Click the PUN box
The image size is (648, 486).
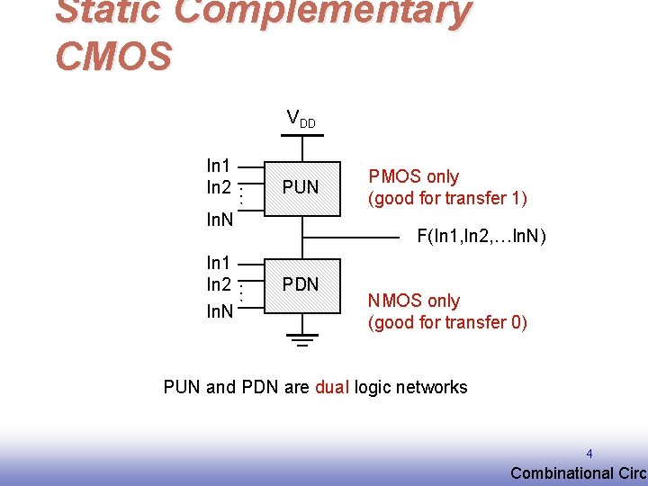coord(301,188)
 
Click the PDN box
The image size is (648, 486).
coord(301,285)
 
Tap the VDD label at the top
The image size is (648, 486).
coord(301,118)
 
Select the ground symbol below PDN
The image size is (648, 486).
coord(301,340)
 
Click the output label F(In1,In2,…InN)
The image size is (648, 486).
coord(481,237)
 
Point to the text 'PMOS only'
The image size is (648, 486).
coord(413,177)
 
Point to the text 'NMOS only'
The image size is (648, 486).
coord(413,301)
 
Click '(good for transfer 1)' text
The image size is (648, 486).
coord(447,198)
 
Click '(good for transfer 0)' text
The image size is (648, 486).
coord(447,322)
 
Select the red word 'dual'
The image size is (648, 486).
coord(332,388)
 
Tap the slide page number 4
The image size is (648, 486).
coord(589,454)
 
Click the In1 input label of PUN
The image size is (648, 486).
coord(219,166)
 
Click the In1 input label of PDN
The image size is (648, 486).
coord(219,264)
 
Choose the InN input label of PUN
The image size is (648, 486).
coord(220,220)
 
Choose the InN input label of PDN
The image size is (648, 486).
coord(220,312)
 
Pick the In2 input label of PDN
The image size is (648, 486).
coord(219,285)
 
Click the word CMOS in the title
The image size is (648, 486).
coord(113,56)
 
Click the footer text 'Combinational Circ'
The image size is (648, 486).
coord(578,473)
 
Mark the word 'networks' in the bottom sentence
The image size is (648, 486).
coord(435,388)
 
